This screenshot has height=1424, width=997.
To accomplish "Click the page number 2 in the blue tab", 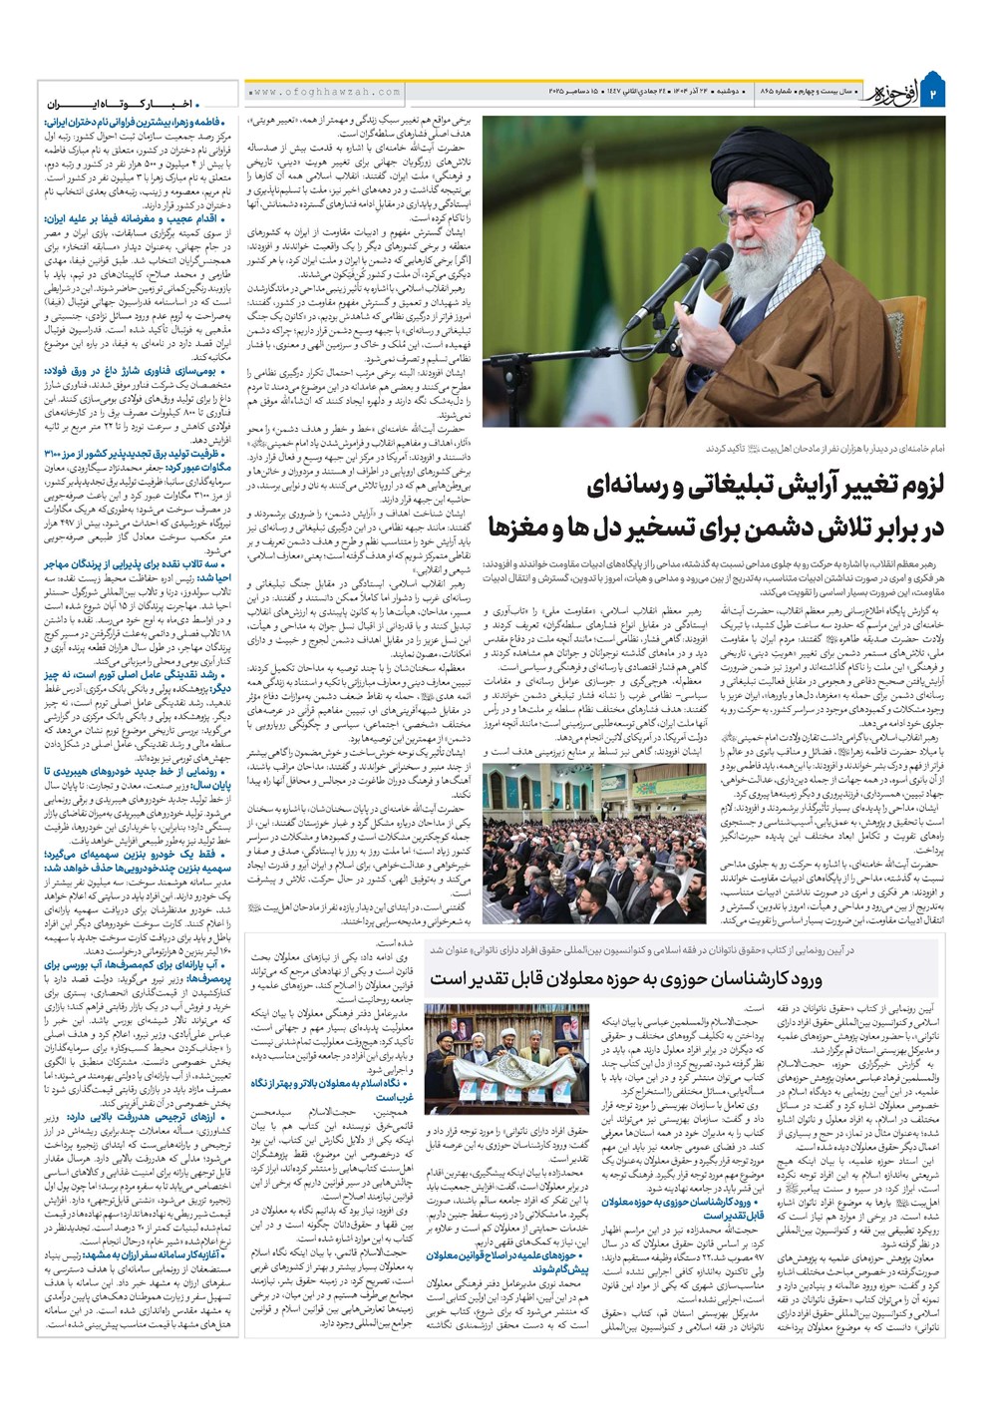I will (x=934, y=93).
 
